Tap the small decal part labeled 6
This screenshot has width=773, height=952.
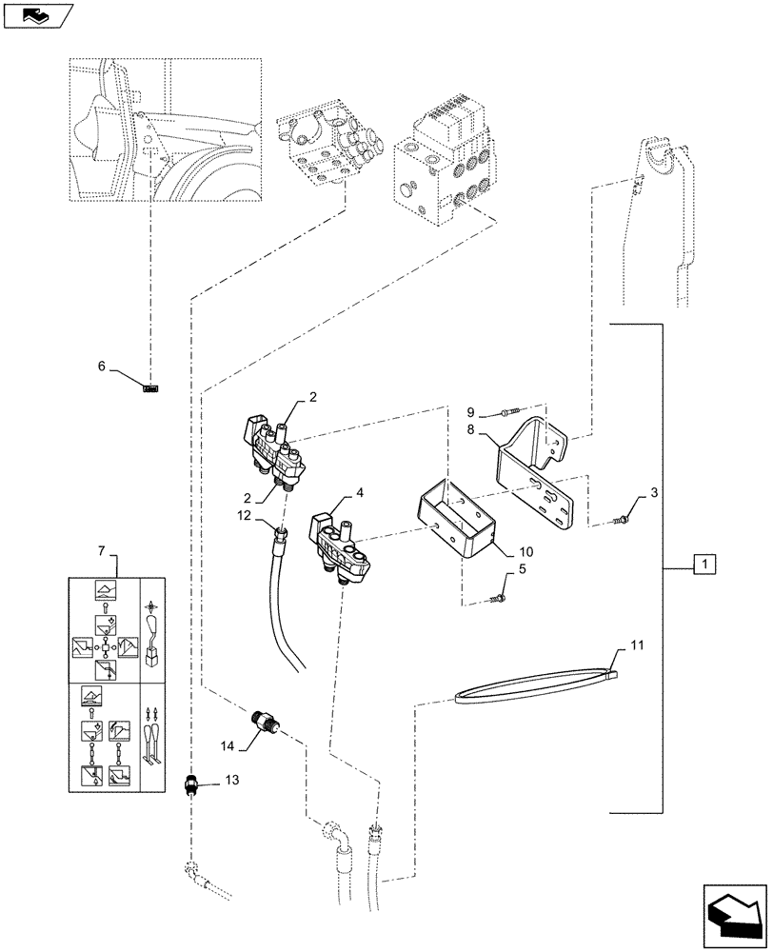click(150, 387)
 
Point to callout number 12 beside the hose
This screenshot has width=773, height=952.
click(244, 515)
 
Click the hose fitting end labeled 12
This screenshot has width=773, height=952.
click(280, 536)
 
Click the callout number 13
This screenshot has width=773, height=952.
click(233, 781)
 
